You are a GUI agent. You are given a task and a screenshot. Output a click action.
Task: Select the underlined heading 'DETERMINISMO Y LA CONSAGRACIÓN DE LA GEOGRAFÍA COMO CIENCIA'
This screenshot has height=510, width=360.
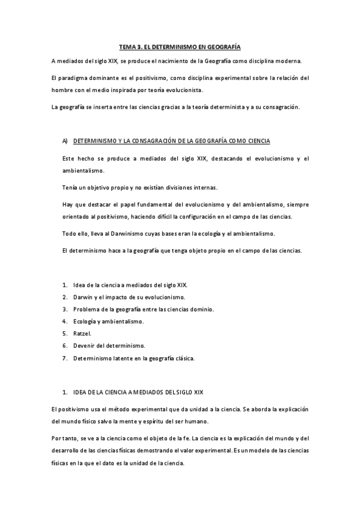[171, 141]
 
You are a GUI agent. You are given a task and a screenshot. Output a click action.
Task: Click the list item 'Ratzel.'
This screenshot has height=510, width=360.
[82, 333]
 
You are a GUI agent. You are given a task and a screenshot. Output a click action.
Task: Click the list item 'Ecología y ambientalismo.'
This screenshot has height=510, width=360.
[108, 321]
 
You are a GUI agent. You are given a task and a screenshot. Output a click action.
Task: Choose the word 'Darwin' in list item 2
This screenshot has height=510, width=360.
[83, 296]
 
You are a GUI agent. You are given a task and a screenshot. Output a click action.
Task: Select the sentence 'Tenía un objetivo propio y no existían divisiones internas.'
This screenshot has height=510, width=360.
[139, 187]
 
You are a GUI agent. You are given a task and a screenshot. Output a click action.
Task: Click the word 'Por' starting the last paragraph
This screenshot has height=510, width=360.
[55, 439]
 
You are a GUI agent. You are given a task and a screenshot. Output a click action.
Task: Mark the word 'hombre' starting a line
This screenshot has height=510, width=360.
[62, 90]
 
